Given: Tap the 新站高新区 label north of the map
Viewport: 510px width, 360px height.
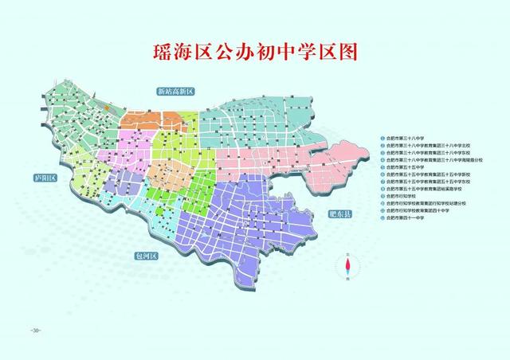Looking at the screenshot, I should pyautogui.click(x=176, y=92).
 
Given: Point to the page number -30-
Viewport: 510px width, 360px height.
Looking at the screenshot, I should pyautogui.click(x=34, y=330).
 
